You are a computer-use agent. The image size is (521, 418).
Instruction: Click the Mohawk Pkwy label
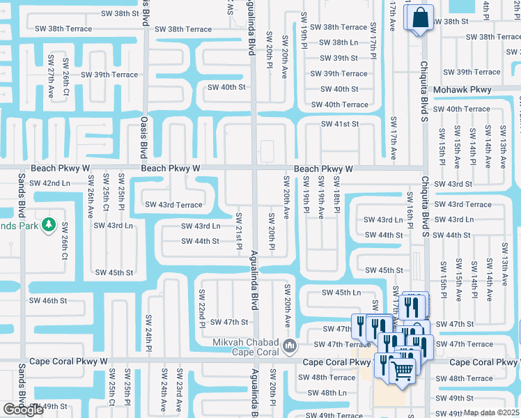click(462, 90)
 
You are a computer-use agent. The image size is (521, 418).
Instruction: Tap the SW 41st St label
click(339, 124)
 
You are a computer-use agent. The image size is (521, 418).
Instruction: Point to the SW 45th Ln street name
click(341, 293)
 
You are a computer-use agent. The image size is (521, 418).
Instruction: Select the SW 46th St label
click(47, 300)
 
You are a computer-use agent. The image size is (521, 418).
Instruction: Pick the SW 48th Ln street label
click(327, 393)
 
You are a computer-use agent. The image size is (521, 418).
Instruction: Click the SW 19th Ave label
click(321, 197)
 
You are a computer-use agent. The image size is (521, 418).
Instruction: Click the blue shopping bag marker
click(421, 18)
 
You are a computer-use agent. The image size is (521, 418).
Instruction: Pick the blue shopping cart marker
click(401, 369)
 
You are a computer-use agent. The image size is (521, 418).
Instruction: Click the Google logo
click(24, 410)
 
